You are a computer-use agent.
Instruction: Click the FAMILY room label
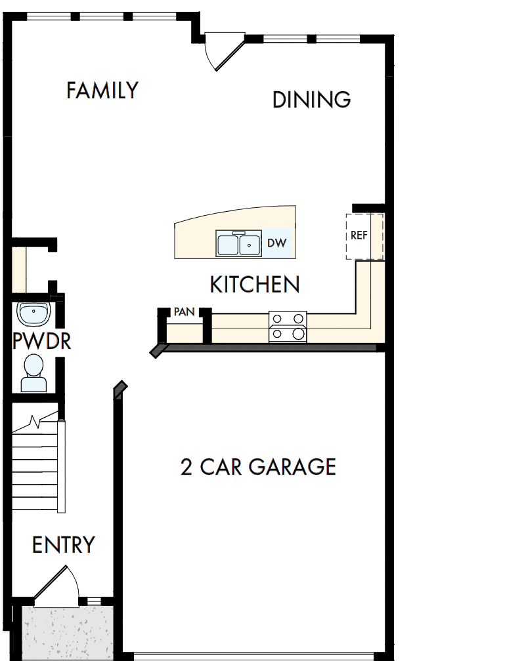click(x=102, y=90)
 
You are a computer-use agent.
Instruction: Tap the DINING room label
click(x=311, y=100)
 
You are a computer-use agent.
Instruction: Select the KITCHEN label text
click(x=255, y=285)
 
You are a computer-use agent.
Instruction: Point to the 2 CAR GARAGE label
click(x=258, y=467)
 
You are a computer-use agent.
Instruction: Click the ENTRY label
click(x=64, y=545)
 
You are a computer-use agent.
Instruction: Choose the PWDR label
click(x=41, y=341)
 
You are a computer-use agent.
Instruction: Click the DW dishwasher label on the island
click(x=276, y=243)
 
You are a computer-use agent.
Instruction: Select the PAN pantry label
click(x=184, y=312)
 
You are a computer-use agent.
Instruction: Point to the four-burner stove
click(x=288, y=326)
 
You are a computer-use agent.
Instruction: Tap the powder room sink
click(x=33, y=314)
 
